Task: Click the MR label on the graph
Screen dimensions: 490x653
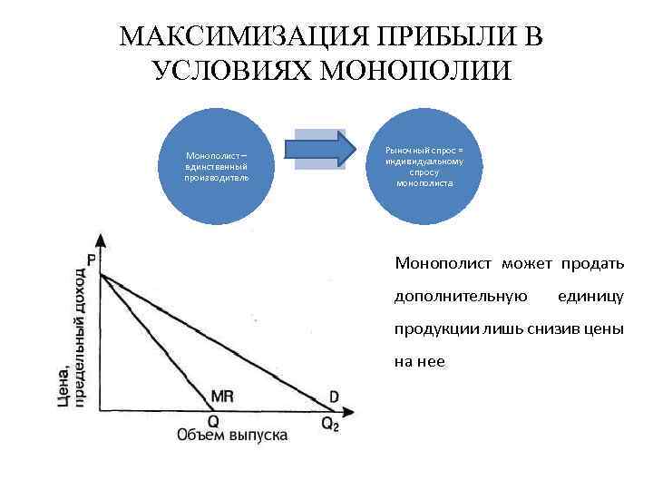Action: point(222,396)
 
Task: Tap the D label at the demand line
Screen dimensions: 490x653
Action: point(334,397)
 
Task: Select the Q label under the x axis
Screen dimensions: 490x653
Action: point(213,421)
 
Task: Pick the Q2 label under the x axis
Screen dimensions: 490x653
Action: point(330,423)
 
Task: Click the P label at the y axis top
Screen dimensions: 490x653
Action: point(92,260)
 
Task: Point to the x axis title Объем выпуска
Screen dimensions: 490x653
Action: point(232,436)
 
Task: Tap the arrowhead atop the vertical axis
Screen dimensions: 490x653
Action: point(100,240)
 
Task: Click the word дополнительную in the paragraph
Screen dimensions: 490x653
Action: point(460,296)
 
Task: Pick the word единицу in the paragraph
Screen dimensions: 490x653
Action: point(590,296)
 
